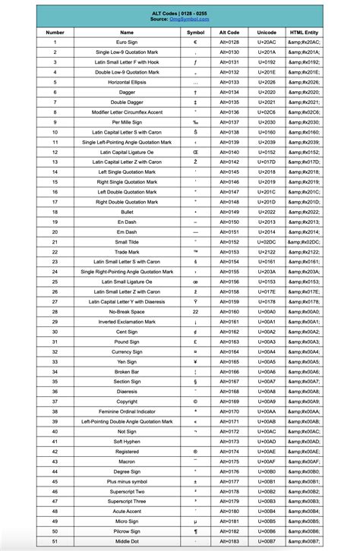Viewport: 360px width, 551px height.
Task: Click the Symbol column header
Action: (x=196, y=33)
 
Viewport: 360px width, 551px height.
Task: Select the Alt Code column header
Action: (x=229, y=33)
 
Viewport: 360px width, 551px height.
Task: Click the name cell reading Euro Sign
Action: (x=127, y=43)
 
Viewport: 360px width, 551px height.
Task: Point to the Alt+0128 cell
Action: (x=229, y=43)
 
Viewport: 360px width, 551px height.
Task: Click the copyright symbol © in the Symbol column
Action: (x=196, y=401)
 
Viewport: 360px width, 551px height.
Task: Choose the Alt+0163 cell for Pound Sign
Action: (x=229, y=341)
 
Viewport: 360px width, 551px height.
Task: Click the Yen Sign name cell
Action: (x=127, y=361)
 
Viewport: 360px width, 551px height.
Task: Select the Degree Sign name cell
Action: (x=127, y=471)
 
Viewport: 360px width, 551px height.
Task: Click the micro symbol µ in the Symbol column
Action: (x=196, y=521)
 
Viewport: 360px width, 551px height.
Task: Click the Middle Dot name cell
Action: (x=127, y=540)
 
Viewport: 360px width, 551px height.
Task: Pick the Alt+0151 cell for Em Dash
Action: (x=229, y=231)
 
